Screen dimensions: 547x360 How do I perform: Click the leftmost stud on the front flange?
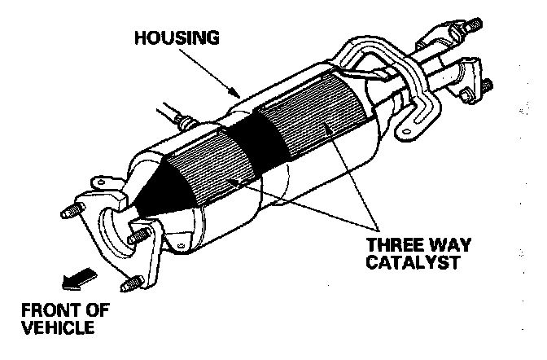[x=69, y=214]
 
